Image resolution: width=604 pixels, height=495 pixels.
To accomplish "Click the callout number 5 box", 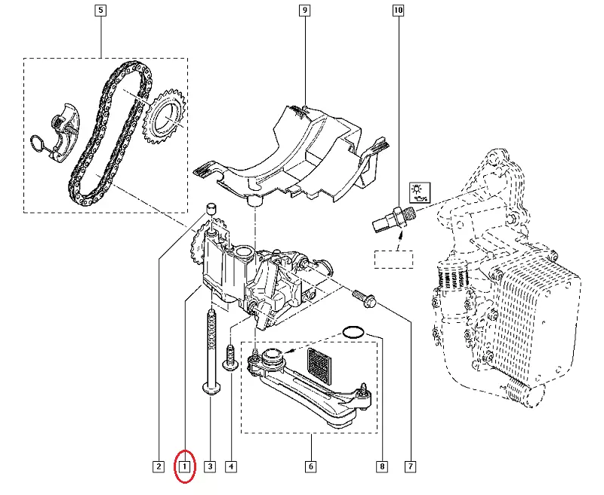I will point(101,11).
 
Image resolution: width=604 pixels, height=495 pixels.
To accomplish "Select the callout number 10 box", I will point(398,11).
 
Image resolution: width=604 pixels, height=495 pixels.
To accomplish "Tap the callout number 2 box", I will point(159,466).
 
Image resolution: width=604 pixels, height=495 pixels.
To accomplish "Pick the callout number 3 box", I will point(210,466).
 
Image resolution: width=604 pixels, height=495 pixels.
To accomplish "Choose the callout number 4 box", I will point(230,466).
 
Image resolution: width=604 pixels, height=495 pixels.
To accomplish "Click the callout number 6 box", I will point(310,466).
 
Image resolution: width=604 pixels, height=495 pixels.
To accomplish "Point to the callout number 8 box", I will point(384,466).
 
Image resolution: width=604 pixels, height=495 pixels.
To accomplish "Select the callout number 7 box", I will point(410,466).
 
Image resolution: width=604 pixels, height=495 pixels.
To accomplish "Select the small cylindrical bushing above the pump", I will point(212,209).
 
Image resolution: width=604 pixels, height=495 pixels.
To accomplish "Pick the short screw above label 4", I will point(229,356).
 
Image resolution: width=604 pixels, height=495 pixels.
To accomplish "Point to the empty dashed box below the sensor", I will point(394,259).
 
